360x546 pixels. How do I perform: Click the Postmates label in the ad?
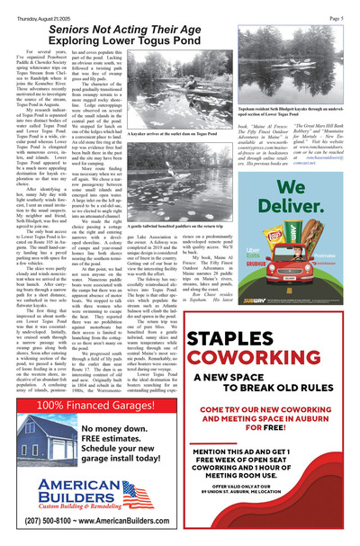[335, 255]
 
